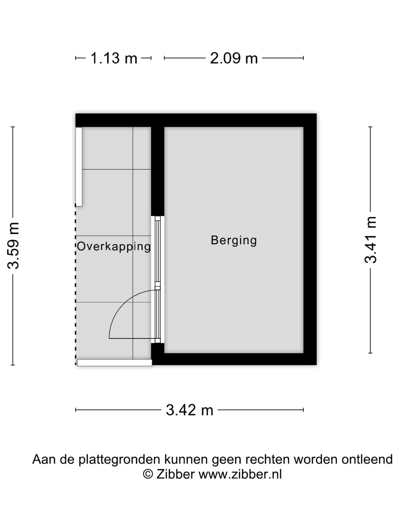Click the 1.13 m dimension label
113,58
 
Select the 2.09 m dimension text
233,58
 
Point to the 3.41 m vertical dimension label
371,240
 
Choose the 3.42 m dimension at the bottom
190,410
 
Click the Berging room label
233,240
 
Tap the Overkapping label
114,246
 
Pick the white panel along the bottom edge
115,363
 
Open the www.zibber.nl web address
240,474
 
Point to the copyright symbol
148,474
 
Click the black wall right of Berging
310,240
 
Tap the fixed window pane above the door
158,251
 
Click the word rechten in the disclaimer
268,459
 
